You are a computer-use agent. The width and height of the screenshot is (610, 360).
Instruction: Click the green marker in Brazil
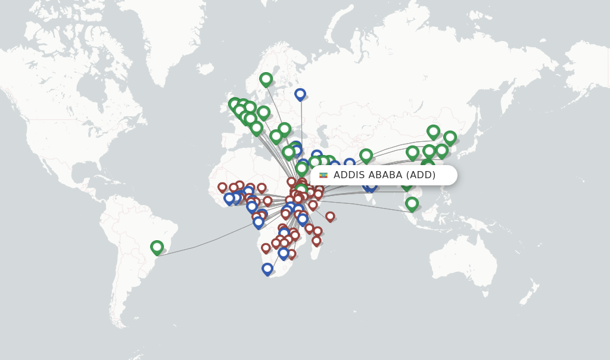[157, 247]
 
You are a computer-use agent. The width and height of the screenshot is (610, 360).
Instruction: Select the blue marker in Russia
[300, 94]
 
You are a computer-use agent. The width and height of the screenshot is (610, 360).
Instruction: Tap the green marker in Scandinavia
[266, 79]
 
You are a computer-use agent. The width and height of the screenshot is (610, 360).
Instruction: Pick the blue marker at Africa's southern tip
[267, 269]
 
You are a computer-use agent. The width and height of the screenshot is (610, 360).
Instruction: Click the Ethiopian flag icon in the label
[323, 175]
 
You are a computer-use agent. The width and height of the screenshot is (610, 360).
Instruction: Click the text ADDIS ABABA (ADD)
[384, 175]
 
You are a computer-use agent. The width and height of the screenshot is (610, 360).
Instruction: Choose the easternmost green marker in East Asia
[450, 138]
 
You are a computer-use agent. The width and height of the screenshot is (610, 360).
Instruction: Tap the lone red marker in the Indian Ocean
[330, 216]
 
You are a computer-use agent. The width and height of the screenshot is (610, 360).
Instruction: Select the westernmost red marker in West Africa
[222, 187]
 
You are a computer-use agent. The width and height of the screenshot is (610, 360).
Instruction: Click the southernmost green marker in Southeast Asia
[412, 203]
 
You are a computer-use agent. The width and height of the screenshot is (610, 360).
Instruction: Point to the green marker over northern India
[366, 155]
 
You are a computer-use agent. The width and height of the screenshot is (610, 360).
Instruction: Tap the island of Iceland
[206, 69]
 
